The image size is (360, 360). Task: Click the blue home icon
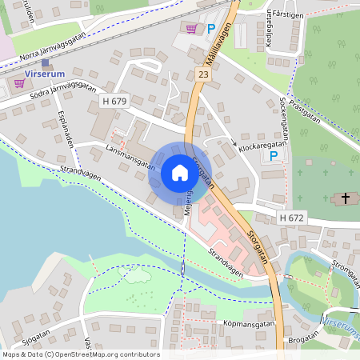click(x=179, y=173)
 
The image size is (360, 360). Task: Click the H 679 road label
click(x=114, y=101)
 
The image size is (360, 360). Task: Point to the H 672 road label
click(x=293, y=218)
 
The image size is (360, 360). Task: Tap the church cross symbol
click(x=346, y=198)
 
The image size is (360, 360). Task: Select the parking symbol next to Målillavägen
click(x=211, y=29)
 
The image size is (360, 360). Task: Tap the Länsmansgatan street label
click(x=129, y=154)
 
